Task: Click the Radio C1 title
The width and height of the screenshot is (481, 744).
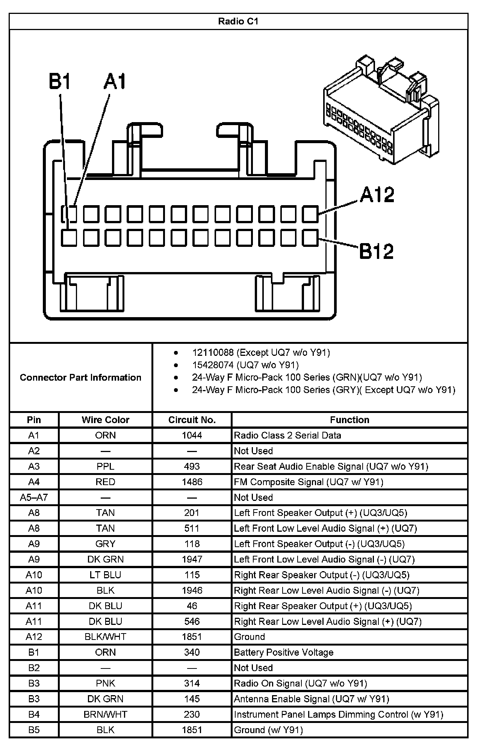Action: [x=238, y=21]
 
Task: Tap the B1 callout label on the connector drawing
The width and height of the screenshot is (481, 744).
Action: [x=60, y=82]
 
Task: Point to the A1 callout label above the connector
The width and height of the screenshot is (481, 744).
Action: [x=115, y=82]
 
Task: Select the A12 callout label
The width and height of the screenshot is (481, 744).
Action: [x=377, y=195]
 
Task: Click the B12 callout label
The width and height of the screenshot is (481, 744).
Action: [x=376, y=251]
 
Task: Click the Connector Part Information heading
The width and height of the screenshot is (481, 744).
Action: [x=80, y=377]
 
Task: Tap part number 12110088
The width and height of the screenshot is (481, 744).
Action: [x=213, y=352]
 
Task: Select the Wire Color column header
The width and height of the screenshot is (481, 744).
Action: [x=106, y=420]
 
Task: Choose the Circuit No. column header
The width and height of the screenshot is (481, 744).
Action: [x=192, y=420]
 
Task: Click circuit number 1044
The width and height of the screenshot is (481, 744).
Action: [x=192, y=435]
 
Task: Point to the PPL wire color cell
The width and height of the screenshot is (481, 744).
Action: [x=106, y=466]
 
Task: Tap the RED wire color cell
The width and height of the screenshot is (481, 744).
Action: [x=106, y=482]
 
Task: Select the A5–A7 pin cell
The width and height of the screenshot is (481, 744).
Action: [x=34, y=498]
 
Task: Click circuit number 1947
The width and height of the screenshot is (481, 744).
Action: [x=192, y=559]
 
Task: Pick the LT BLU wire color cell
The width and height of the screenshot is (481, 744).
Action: [x=106, y=575]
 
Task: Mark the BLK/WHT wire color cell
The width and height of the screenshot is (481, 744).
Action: [x=106, y=637]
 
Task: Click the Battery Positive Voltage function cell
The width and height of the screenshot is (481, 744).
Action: [x=283, y=652]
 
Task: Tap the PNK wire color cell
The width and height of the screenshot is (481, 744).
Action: [x=106, y=683]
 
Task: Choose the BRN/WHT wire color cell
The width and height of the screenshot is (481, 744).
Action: [x=106, y=714]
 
